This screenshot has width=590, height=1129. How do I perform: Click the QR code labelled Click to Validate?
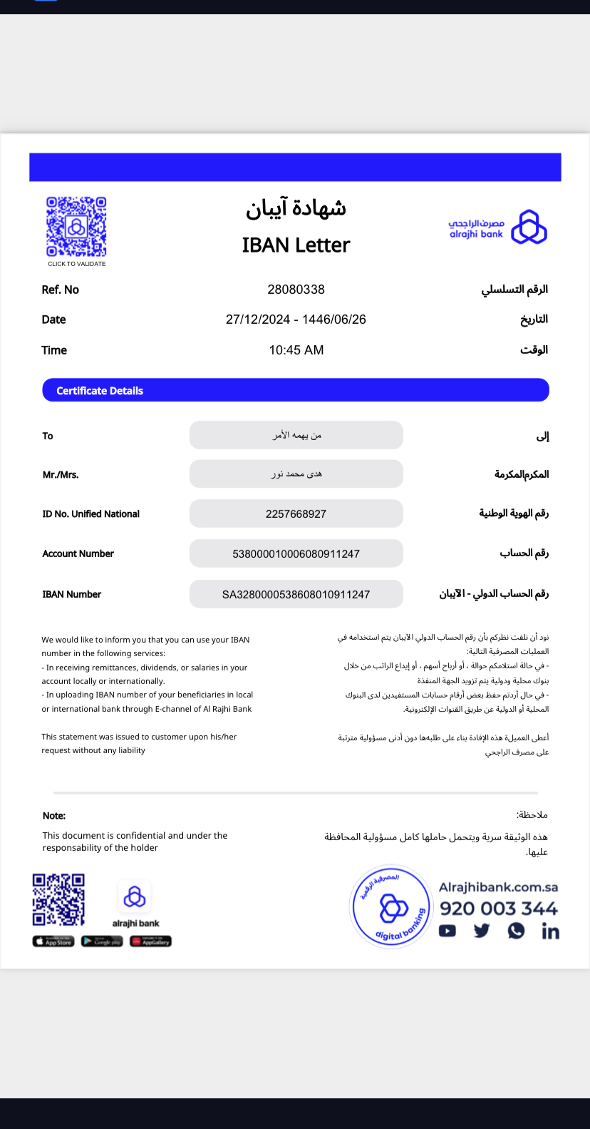[x=76, y=227]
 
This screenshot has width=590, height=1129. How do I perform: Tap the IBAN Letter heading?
[x=296, y=245]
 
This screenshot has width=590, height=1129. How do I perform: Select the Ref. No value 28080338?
[x=296, y=290]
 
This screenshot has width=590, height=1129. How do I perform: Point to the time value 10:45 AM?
[x=296, y=350]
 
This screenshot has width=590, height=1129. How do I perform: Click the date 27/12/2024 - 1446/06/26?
[x=296, y=320]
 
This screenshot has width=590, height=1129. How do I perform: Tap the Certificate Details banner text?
[x=100, y=391]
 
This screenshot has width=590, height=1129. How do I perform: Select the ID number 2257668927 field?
[x=296, y=514]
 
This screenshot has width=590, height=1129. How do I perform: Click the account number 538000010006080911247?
[x=296, y=554]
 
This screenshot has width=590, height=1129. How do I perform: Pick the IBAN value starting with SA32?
[x=296, y=595]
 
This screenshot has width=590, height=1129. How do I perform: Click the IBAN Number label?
[x=72, y=594]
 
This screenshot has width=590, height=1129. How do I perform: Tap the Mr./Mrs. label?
[x=61, y=475]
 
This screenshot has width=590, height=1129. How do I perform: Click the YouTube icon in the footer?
[x=447, y=931]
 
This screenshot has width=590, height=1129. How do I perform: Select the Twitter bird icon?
[x=482, y=931]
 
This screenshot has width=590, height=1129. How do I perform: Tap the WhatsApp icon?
[x=516, y=931]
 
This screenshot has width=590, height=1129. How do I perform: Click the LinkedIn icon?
[x=550, y=931]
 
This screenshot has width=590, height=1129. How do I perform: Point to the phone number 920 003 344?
[x=498, y=909]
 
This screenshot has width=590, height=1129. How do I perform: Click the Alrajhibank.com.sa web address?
[x=498, y=887]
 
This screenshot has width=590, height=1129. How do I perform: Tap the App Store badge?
[x=53, y=941]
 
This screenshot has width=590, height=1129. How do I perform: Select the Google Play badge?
[x=102, y=941]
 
